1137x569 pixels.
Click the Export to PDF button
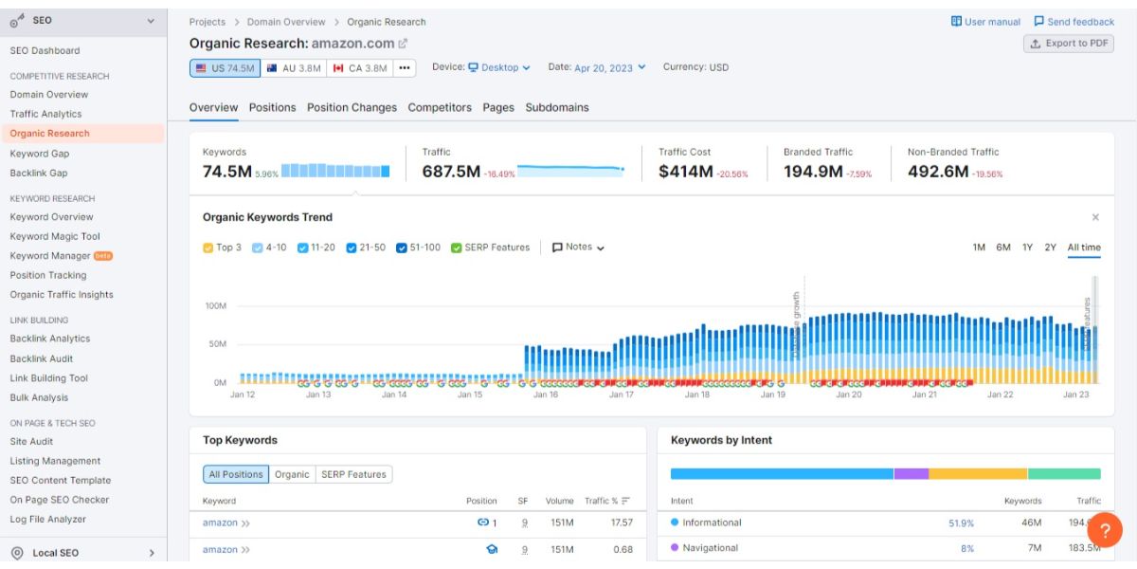pos(1069,44)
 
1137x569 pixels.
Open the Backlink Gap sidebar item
pos(39,173)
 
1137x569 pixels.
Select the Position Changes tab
pos(352,107)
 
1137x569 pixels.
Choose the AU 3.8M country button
pos(294,68)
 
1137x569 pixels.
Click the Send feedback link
pos(1074,22)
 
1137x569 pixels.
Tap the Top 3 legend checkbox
pos(208,248)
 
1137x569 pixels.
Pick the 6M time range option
pos(1002,248)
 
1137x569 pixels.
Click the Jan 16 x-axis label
pos(546,395)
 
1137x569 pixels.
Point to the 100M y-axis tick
pos(215,306)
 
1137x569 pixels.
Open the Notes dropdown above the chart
pos(578,248)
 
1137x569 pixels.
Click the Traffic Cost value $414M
pos(685,172)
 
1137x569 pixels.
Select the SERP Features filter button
pos(353,474)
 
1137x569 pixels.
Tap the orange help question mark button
pos(1104,529)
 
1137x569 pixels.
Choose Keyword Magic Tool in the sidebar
pos(55,236)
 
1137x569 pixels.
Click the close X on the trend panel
pos(1095,217)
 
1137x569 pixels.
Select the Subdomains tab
pos(557,107)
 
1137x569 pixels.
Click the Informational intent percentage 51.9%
pos(961,523)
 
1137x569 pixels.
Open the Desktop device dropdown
pos(499,67)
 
